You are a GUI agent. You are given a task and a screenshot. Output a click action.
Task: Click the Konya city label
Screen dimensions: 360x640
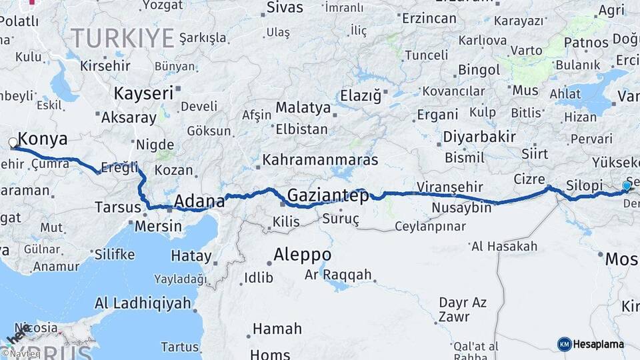click(43, 139)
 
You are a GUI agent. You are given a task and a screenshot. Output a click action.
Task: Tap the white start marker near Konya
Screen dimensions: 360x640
click(13, 142)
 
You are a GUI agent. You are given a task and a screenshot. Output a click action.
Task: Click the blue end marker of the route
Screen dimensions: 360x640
click(627, 186)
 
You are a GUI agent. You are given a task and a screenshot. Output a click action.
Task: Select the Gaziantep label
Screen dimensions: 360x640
click(327, 196)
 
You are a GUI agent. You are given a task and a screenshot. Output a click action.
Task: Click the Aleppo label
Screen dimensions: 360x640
click(302, 255)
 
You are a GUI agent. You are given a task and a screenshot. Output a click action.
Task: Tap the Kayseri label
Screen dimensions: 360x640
click(143, 93)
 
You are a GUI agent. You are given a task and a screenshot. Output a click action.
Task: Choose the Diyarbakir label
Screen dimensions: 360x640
click(479, 137)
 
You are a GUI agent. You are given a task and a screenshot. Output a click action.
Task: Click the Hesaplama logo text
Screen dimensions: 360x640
click(599, 344)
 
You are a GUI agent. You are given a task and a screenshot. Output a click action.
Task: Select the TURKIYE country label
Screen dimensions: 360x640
click(123, 38)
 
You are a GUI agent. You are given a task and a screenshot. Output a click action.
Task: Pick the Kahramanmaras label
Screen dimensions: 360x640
click(320, 160)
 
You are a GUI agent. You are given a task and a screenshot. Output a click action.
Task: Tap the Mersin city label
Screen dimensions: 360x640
click(158, 226)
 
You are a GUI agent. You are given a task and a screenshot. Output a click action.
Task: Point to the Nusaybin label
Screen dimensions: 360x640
click(461, 208)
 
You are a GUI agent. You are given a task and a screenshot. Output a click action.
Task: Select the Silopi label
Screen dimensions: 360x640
click(583, 185)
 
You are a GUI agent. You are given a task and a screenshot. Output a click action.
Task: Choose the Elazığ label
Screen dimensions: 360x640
click(361, 95)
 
